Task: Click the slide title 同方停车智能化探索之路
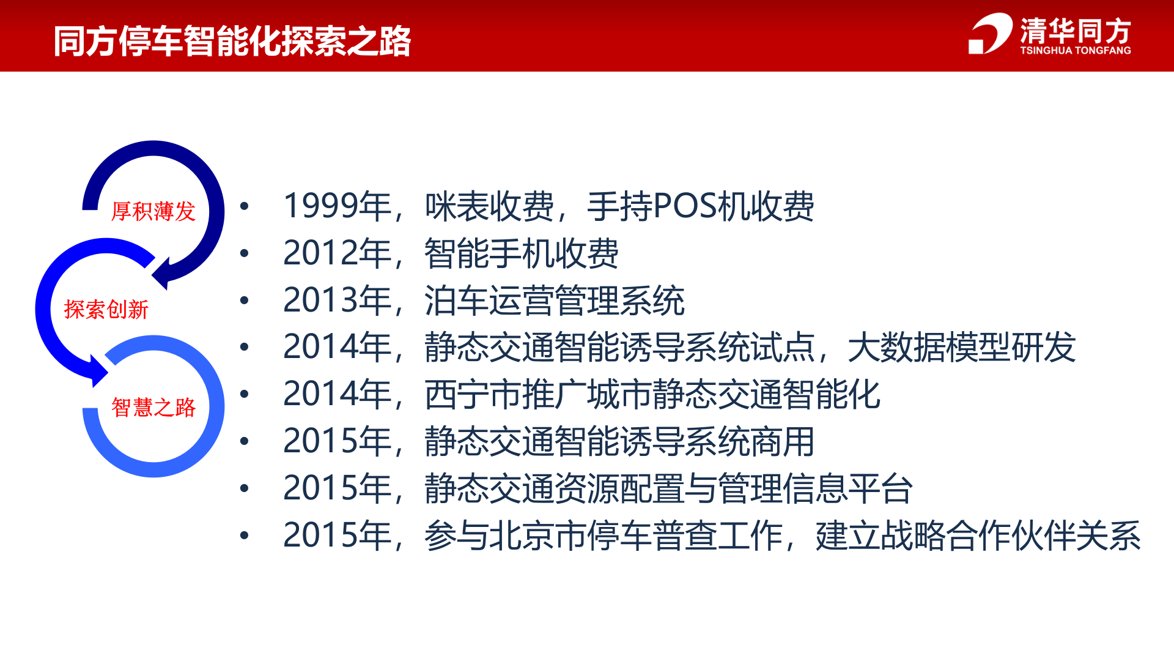232,41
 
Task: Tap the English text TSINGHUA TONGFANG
1075,51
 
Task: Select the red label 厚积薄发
153,211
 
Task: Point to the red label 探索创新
106,310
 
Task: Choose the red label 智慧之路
153,407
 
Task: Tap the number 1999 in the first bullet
320,206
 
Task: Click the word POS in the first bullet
685,206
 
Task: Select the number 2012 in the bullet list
320,253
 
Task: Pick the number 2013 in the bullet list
320,300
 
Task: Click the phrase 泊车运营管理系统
555,301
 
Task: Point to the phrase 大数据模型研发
961,347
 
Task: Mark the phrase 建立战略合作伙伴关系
978,536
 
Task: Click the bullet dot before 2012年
245,253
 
